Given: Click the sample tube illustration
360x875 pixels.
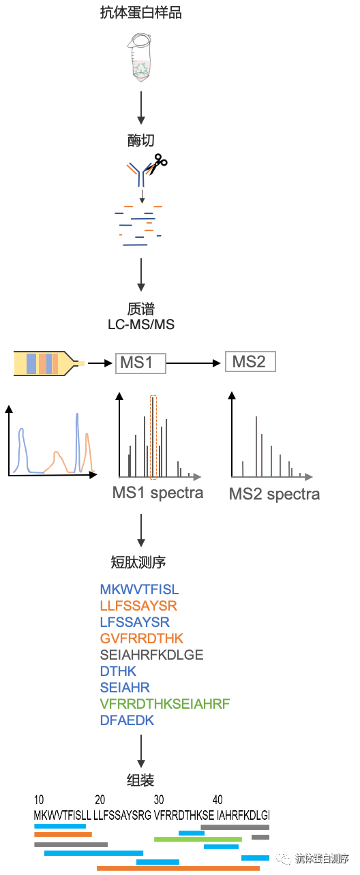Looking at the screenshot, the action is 140,58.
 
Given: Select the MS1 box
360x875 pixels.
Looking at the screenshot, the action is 140,363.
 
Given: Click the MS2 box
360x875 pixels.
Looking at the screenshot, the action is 250,362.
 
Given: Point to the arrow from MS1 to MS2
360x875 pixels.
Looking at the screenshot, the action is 194,363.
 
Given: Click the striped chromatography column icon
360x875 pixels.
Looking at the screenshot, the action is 49,363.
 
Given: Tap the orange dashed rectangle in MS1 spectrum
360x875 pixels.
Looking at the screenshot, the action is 153,437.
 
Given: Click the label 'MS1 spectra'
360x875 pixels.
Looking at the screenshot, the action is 157,493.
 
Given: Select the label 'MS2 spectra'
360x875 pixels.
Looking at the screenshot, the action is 274,494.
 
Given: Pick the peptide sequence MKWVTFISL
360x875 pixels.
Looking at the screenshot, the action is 140,589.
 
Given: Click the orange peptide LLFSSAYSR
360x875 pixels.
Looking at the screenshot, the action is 139,606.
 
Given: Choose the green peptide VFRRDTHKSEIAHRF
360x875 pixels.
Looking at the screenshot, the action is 165,704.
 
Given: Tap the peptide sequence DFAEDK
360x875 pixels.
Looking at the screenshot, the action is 127,720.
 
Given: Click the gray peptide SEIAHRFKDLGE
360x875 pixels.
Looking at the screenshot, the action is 151,655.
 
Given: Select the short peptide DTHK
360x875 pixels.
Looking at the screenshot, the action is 118,671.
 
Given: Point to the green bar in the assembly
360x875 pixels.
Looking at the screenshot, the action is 198,839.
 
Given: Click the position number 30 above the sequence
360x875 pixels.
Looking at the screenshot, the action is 159,799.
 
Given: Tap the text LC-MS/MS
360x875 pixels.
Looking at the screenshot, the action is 141,324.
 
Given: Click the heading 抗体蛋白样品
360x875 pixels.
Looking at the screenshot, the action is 140,12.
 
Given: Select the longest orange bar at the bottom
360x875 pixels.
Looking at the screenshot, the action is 178,868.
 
